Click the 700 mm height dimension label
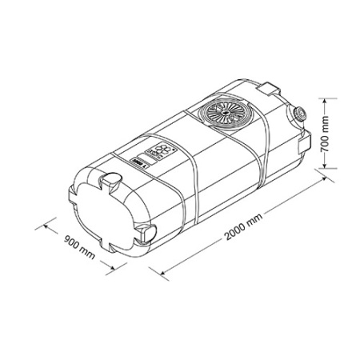[326, 134]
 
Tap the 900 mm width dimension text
[79, 247]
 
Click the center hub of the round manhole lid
[226, 112]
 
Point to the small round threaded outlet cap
[299, 114]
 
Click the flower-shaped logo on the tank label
[160, 150]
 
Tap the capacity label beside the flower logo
[138, 163]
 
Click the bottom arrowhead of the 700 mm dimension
[324, 165]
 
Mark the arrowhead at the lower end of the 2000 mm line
[163, 271]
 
